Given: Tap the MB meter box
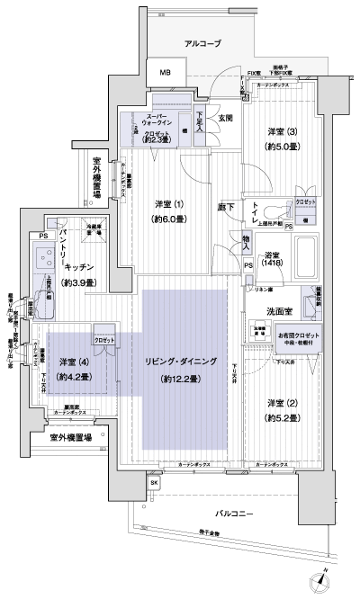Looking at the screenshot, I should (166, 73).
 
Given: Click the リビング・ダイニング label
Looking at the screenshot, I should (182, 362).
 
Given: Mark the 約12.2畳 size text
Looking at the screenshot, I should (182, 380).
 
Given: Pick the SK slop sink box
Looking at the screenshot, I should (154, 483).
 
